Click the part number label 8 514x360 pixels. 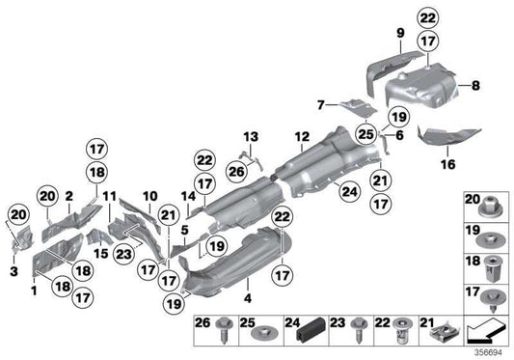(x=474, y=86)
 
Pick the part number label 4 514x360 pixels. (x=249, y=283)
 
